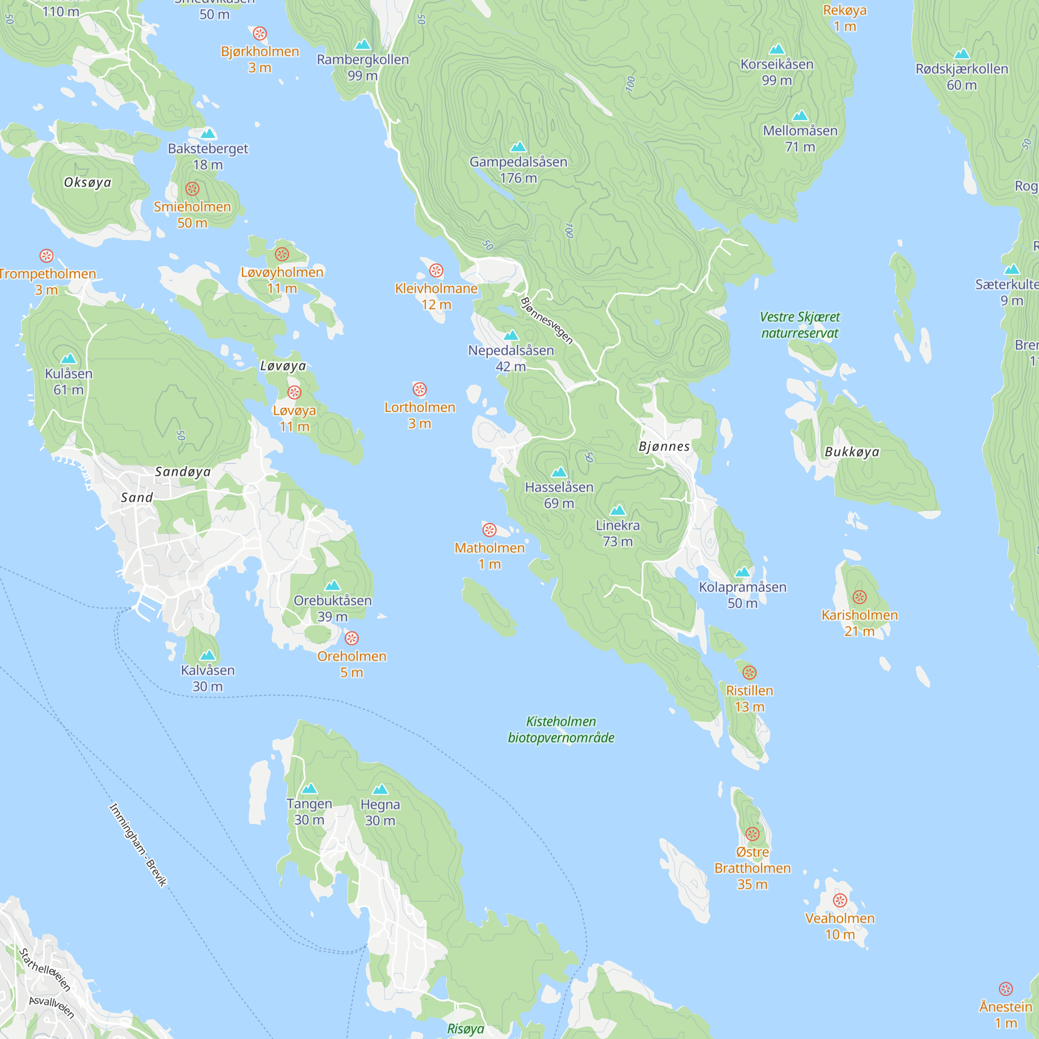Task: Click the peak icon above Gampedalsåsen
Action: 518,147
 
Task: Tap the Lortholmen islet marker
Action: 419,389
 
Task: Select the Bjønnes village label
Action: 664,446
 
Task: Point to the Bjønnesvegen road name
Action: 547,321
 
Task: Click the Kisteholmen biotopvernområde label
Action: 561,729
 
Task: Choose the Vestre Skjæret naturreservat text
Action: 800,325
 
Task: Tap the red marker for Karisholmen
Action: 859,597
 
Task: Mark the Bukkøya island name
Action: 852,452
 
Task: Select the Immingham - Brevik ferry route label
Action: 138,844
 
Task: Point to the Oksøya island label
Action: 88,182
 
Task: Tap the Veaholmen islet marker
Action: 840,900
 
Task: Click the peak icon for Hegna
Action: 380,790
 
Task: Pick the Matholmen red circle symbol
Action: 489,530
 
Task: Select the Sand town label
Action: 137,498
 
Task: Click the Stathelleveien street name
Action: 45,969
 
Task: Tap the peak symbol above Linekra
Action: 618,510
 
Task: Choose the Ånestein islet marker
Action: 1006,989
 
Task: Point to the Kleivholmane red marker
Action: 436,271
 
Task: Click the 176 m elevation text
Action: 518,178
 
